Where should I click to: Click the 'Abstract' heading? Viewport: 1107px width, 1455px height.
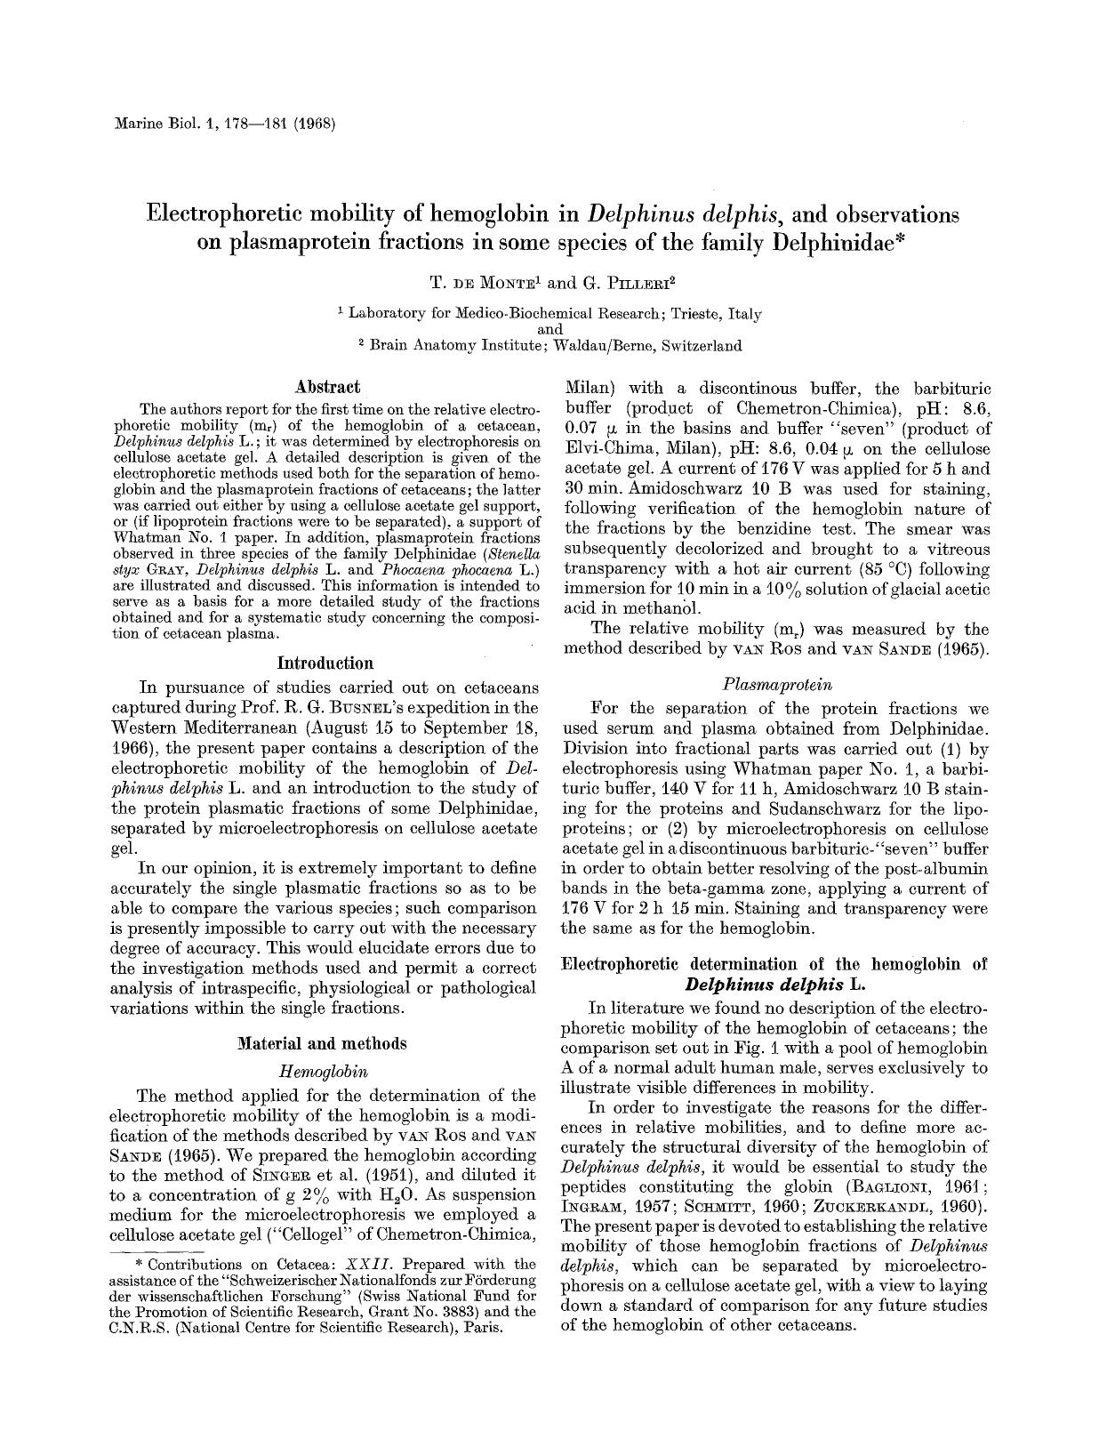[327, 387]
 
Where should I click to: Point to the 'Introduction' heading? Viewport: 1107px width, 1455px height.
[325, 663]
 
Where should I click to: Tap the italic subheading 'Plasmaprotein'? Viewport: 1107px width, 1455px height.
[777, 685]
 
